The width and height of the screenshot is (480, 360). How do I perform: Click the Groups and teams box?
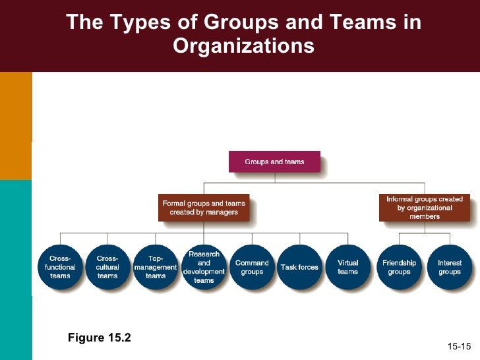pyautogui.click(x=274, y=162)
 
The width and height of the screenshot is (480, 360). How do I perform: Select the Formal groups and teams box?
pyautogui.click(x=204, y=208)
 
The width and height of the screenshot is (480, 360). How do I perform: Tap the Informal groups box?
pyautogui.click(x=425, y=208)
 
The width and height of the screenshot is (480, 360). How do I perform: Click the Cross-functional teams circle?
pyautogui.click(x=60, y=267)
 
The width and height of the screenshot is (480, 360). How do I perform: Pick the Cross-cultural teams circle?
pyautogui.click(x=107, y=267)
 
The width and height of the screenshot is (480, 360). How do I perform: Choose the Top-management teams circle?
pyautogui.click(x=156, y=267)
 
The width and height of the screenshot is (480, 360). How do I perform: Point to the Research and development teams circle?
pyautogui.click(x=204, y=267)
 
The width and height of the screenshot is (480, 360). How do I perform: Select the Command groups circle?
pyautogui.click(x=252, y=267)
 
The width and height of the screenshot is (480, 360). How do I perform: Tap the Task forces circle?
pyautogui.click(x=299, y=267)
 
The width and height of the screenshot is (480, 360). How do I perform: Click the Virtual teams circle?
pyautogui.click(x=347, y=267)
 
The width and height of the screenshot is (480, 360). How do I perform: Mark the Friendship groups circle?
pyautogui.click(x=400, y=267)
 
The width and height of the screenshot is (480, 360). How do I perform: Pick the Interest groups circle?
pyautogui.click(x=450, y=267)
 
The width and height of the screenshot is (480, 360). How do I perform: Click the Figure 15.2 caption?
pyautogui.click(x=99, y=338)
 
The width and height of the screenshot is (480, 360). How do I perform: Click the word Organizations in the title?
pyautogui.click(x=243, y=46)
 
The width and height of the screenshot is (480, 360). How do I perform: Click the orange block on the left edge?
pyautogui.click(x=16, y=125)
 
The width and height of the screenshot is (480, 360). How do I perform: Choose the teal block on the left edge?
pyautogui.click(x=16, y=270)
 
